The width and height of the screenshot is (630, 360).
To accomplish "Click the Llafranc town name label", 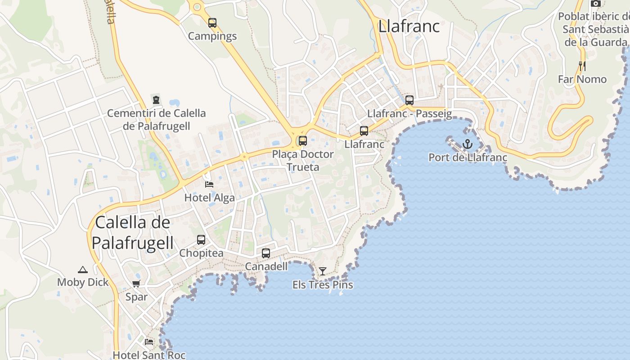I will [409, 26].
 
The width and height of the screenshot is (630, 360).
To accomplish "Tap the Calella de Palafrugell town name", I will [133, 233].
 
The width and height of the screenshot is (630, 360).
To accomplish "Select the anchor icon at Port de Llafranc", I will [468, 144].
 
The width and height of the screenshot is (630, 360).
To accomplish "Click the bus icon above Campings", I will [212, 22].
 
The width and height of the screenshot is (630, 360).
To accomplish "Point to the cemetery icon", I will [156, 99].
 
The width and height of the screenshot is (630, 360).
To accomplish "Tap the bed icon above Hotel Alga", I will [209, 184].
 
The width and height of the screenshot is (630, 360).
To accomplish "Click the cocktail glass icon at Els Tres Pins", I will [323, 271].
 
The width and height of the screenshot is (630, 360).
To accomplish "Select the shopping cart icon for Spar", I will [136, 283].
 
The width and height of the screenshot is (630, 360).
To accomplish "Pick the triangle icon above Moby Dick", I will [82, 270].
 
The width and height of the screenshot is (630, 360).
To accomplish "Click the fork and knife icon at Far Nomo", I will [582, 66].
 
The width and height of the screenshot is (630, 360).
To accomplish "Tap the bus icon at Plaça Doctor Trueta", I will [303, 141].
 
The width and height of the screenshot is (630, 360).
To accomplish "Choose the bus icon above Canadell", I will [266, 253].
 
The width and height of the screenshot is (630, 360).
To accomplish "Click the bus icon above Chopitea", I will [201, 240].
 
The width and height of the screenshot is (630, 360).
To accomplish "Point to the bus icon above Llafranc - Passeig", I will [409, 100].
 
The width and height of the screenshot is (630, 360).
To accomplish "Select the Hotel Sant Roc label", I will [149, 355].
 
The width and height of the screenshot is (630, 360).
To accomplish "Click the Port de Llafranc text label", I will [468, 157].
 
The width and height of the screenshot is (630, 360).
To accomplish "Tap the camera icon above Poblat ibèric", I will [596, 4].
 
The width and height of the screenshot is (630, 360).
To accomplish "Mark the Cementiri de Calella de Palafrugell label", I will [156, 119].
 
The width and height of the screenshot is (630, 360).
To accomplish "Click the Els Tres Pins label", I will [323, 285].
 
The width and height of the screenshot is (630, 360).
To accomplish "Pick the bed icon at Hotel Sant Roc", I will [149, 342].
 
